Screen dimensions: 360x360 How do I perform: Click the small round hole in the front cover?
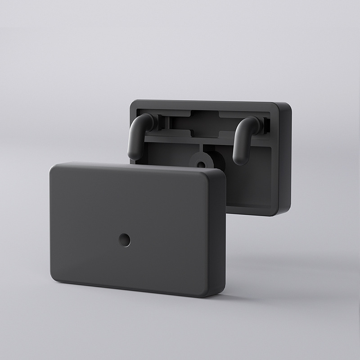point(125,240)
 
